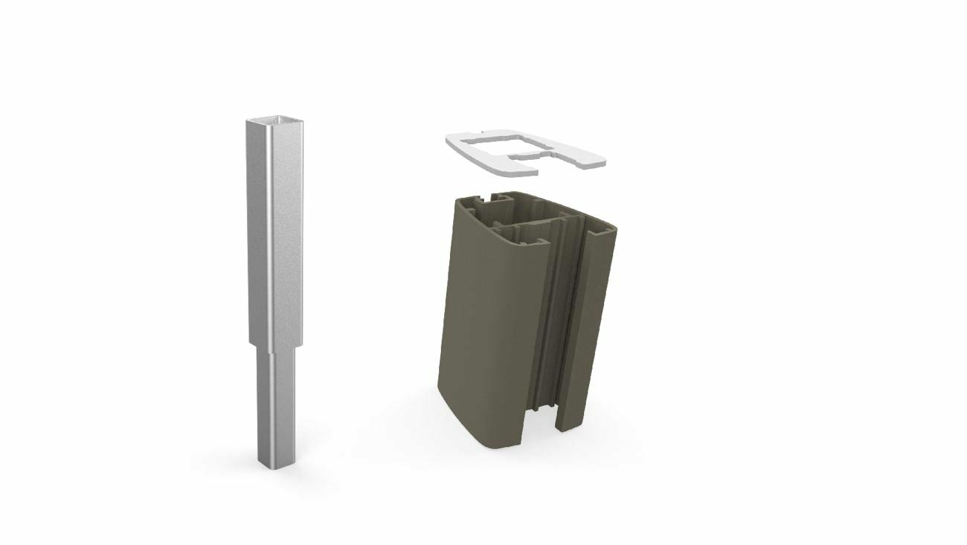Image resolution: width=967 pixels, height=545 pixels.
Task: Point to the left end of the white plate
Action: click(455, 141)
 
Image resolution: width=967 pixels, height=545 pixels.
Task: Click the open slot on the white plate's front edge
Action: click(525, 157)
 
